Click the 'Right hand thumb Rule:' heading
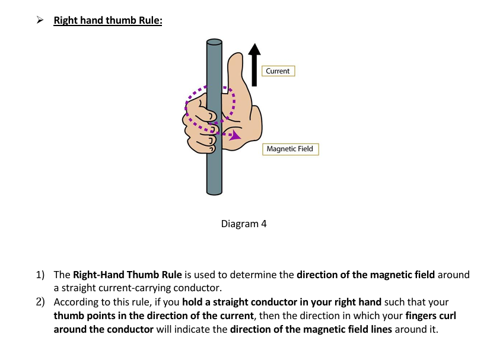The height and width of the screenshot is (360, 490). point(108,20)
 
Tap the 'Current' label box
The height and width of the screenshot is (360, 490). point(278,71)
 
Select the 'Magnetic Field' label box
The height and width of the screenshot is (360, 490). point(290,149)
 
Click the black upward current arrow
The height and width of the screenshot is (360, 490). point(254,65)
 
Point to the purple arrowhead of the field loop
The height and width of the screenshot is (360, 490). point(235,135)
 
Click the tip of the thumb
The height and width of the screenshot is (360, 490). point(236,54)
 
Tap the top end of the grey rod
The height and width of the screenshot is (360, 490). point(214,42)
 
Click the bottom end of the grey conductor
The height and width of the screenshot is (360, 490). point(214,193)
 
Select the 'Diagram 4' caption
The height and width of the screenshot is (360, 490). point(244,224)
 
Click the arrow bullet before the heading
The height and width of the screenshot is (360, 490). point(40,20)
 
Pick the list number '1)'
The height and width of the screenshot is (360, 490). point(40,275)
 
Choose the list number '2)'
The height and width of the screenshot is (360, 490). point(40,302)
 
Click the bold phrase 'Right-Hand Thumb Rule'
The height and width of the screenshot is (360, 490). point(127,275)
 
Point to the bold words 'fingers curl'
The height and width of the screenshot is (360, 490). point(431,316)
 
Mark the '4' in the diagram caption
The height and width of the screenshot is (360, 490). point(264,224)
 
